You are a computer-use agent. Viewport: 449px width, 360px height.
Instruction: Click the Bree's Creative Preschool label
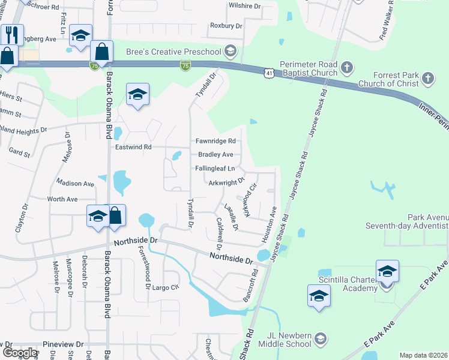pyautogui.click(x=170, y=52)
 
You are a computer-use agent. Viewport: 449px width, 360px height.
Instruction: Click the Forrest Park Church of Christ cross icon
pyautogui.click(x=427, y=77)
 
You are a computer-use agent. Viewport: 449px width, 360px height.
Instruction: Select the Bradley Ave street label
pyautogui.click(x=215, y=154)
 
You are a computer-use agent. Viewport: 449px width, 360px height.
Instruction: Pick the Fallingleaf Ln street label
pyautogui.click(x=215, y=169)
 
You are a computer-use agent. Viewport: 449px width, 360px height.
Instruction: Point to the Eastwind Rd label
pyautogui.click(x=133, y=146)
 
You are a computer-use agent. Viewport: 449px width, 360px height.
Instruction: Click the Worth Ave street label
pyautogui.click(x=62, y=199)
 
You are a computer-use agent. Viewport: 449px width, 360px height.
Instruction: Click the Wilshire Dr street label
pyautogui.click(x=245, y=6)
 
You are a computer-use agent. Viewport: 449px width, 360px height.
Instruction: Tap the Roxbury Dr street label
pyautogui.click(x=226, y=26)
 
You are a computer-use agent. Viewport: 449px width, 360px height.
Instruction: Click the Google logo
pyautogui.click(x=20, y=353)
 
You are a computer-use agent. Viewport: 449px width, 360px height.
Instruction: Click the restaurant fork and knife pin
pyautogui.click(x=11, y=34)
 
